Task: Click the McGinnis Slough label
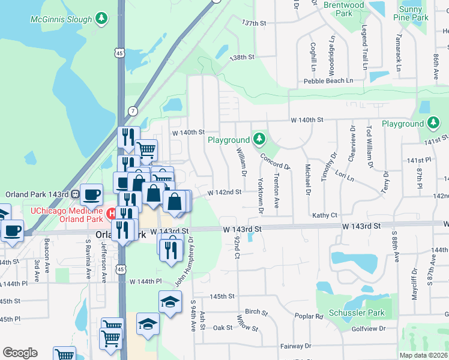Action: [x=61, y=19]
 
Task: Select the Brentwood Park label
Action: [x=344, y=9]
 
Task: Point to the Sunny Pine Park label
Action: [x=414, y=14]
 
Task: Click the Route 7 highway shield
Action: [x=132, y=111]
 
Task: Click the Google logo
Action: [x=20, y=353]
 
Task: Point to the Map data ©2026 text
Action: [x=423, y=355]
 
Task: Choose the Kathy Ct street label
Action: [x=325, y=215]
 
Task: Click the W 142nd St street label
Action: [x=224, y=193]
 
